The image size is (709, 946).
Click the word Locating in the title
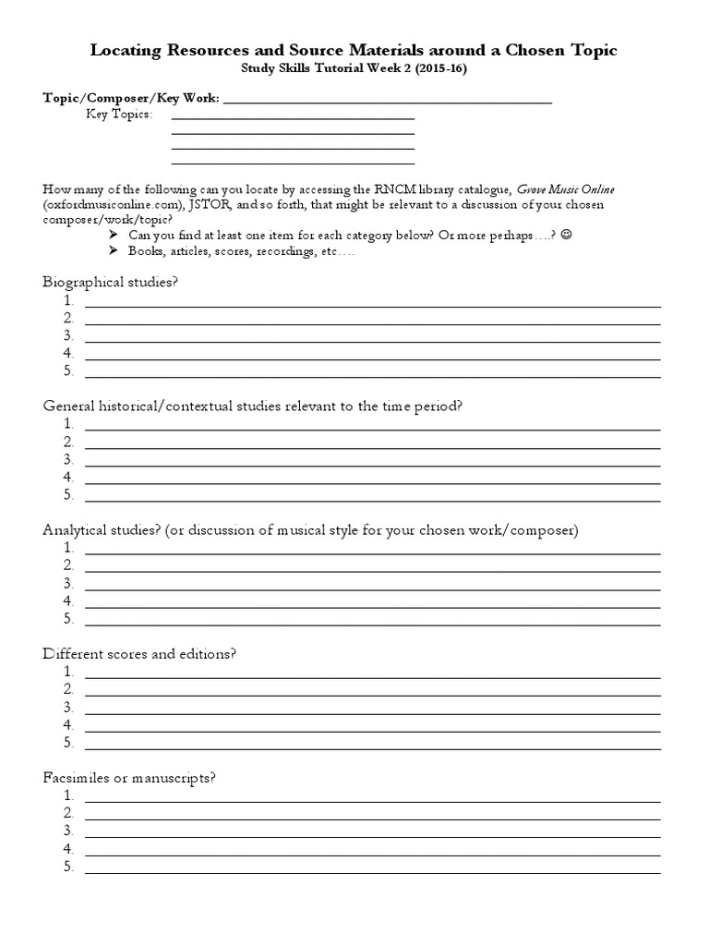pyautogui.click(x=126, y=50)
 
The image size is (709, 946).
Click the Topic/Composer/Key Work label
pyautogui.click(x=131, y=98)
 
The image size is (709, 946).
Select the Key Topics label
pyautogui.click(x=119, y=115)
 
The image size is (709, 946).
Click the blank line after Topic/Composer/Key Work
pyautogui.click(x=388, y=100)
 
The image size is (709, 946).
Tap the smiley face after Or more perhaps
pyautogui.click(x=566, y=236)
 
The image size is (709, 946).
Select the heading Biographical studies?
pyautogui.click(x=109, y=282)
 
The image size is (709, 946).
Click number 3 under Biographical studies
pyautogui.click(x=68, y=335)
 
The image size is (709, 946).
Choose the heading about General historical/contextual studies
pyautogui.click(x=251, y=406)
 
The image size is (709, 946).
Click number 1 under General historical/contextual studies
pyautogui.click(x=68, y=424)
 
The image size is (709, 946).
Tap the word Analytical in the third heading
pyautogui.click(x=75, y=530)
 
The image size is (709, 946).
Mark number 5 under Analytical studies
pyautogui.click(x=68, y=619)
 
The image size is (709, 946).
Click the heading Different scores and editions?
pyautogui.click(x=140, y=654)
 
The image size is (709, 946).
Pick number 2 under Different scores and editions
pyautogui.click(x=68, y=689)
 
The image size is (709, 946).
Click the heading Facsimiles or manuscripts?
pyautogui.click(x=129, y=778)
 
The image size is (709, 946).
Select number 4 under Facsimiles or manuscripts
pyautogui.click(x=68, y=848)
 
